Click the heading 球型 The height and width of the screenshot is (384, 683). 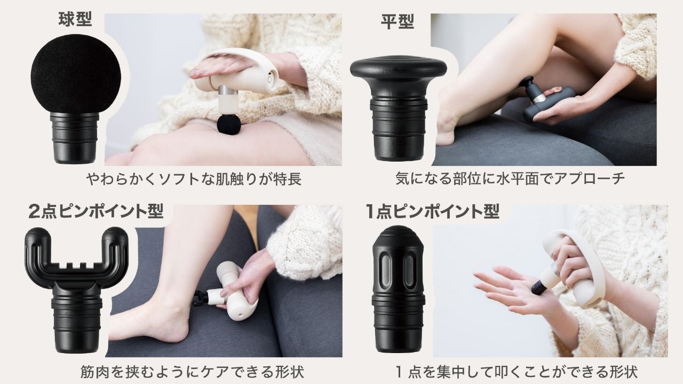75,20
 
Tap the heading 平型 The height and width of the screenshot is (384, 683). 398,22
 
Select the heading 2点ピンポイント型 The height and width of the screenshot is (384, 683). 96,211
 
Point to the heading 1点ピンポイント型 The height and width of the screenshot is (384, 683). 433,211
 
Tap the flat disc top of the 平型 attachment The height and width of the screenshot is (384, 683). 398,68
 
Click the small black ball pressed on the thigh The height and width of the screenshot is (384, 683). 229,124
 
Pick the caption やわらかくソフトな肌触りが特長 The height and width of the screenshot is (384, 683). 194,179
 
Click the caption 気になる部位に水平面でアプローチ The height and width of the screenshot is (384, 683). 510,178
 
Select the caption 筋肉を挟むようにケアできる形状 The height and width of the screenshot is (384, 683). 193,372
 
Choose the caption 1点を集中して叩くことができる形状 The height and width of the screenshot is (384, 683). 516,372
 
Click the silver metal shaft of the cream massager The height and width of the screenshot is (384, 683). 228,90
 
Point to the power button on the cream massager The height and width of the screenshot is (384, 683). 269,79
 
